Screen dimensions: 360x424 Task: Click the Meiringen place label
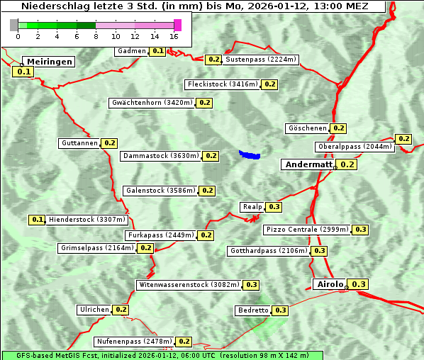(x=49, y=62)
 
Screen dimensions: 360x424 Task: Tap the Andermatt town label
(x=308, y=164)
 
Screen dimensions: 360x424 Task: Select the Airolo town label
(x=330, y=284)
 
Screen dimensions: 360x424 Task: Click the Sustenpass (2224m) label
(x=261, y=60)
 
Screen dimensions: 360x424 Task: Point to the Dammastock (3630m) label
(x=160, y=155)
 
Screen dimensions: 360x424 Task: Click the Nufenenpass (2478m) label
(x=133, y=342)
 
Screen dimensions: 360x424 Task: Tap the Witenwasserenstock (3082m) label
(x=188, y=285)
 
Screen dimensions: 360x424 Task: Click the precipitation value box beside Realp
(x=274, y=207)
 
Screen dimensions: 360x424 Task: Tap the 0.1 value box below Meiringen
(x=23, y=72)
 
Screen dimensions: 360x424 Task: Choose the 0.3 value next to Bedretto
(x=280, y=310)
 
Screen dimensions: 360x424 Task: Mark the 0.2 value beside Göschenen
(x=338, y=128)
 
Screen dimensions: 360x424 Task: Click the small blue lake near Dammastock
(x=250, y=154)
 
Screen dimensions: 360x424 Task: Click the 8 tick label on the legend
(x=96, y=36)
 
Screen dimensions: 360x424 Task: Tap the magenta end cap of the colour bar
(x=177, y=25)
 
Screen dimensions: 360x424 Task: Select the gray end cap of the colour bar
(x=14, y=25)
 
